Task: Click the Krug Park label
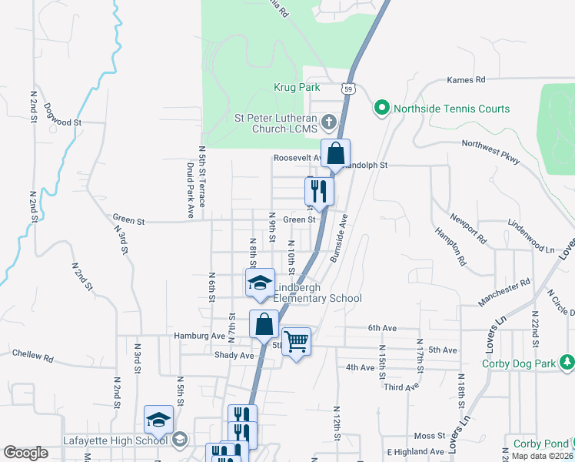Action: pos(297,88)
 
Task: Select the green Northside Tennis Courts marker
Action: pos(381,109)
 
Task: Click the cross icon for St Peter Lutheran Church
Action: pos(329,122)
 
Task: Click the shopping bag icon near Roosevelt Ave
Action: pos(336,153)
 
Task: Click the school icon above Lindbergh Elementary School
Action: pos(260,282)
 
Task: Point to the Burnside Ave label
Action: pos(339,239)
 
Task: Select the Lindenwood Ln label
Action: pos(531,225)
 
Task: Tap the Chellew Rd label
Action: pos(32,356)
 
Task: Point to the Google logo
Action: pos(25,453)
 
